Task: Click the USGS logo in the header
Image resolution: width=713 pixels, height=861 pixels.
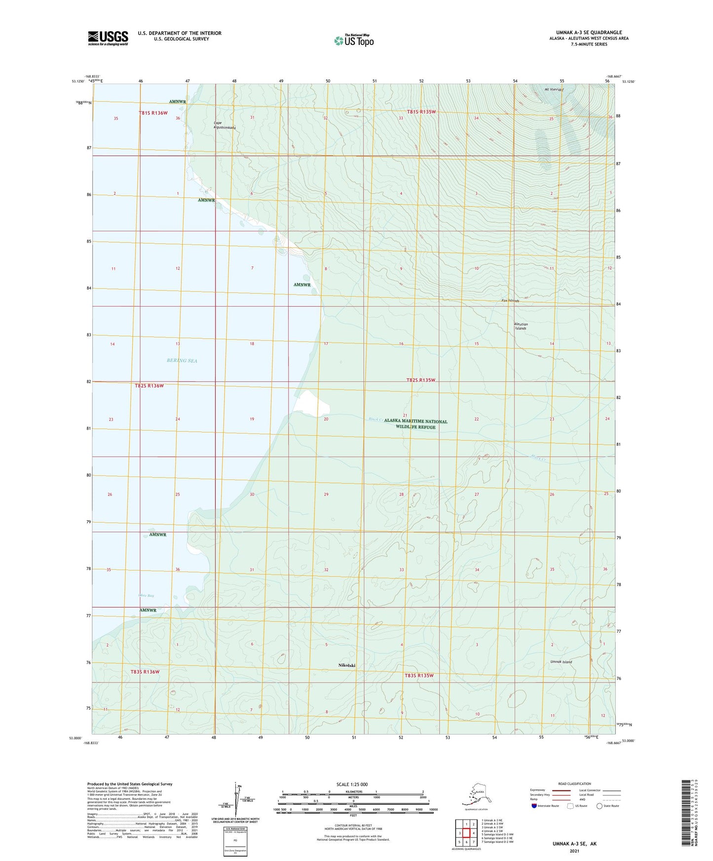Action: tap(108, 38)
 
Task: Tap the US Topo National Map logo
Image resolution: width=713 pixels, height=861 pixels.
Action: tap(354, 40)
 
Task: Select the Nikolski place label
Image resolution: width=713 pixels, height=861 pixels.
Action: tap(347, 665)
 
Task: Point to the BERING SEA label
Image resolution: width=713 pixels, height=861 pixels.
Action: tap(182, 360)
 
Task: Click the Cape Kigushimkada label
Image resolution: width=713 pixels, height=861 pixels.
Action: tap(224, 125)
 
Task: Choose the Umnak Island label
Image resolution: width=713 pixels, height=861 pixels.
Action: tap(561, 662)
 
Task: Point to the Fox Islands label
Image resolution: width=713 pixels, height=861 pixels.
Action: tap(510, 300)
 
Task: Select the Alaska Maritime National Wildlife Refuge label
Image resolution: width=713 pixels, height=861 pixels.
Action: tap(415, 424)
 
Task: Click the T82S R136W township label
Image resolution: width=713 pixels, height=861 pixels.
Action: tap(149, 386)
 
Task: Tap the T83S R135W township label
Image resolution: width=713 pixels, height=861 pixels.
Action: tap(419, 676)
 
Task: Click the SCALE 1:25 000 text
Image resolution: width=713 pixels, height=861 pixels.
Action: tap(352, 785)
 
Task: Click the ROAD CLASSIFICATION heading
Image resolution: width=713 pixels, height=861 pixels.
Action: tap(574, 784)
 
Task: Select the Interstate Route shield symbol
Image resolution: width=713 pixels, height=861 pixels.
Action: tap(534, 806)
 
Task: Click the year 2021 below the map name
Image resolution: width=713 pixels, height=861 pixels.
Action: tap(574, 851)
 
